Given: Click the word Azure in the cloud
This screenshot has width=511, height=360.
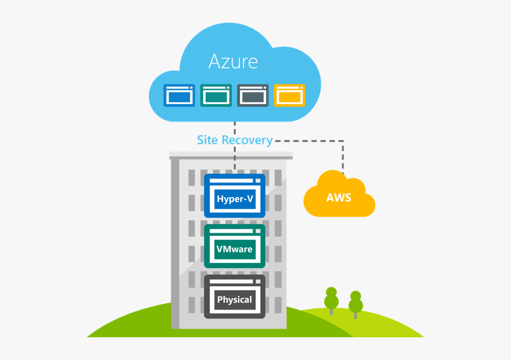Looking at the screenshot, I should coord(233,61).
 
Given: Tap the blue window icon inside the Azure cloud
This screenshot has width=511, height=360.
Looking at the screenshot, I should coord(179,95).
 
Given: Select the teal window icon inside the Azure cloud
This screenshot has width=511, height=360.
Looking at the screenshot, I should coord(216,95).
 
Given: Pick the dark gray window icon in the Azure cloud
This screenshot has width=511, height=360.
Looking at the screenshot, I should coord(253,95).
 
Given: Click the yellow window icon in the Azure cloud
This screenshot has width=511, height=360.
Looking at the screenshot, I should coord(290,95).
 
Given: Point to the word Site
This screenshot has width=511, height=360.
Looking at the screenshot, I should coord(207,140).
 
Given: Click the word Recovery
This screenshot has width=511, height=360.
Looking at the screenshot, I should coord(247,140).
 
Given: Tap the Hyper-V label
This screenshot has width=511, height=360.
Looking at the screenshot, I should coord(234,199).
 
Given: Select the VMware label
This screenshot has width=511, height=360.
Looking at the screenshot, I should coord(234,249).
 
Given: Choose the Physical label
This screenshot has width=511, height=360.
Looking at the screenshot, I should coord(234,300).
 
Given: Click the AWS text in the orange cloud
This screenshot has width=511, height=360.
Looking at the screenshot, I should coord(338,198).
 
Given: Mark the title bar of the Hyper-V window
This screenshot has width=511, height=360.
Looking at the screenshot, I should coord(234,179).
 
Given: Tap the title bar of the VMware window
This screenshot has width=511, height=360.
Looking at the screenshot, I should coord(234,230).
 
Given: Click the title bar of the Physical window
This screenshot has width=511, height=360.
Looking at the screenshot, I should coord(234,281).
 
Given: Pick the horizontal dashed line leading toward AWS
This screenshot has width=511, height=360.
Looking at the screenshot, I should coord(309,140).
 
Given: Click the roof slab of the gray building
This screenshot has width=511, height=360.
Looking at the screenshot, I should coord(231,154).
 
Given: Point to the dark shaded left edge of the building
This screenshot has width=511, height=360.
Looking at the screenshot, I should coord(175,244).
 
